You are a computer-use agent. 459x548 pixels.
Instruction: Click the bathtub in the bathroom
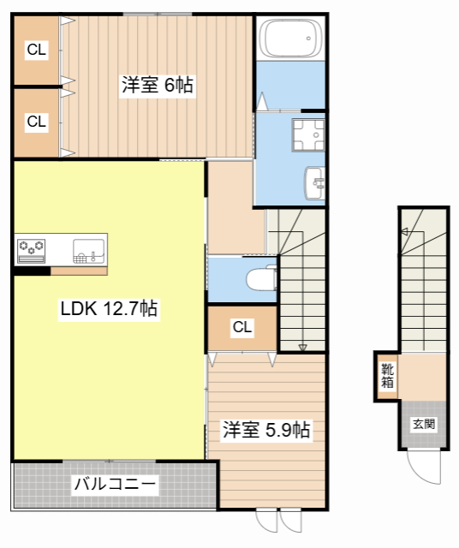[x=291, y=39]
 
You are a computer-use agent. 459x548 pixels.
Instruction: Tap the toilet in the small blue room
[x=260, y=279]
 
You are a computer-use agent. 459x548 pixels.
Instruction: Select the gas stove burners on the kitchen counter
[x=33, y=248]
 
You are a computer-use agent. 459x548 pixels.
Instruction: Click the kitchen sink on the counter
[x=88, y=250]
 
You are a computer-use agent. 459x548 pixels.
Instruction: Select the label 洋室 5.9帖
[x=266, y=430]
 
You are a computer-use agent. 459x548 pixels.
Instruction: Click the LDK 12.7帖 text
[x=108, y=309]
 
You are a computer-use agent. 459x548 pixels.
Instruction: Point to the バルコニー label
[x=115, y=485]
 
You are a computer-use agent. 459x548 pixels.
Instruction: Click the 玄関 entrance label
[x=423, y=423]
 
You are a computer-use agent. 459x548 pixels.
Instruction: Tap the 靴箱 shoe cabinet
[x=388, y=377]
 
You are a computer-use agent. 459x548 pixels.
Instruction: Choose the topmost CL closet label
[x=36, y=51]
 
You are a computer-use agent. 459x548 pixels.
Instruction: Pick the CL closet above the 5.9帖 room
[x=242, y=327]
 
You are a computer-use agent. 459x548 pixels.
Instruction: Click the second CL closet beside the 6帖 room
[x=36, y=122]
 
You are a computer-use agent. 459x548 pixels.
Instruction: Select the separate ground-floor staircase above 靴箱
[x=423, y=283]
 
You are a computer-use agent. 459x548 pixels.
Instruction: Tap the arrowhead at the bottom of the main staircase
[x=302, y=347]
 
